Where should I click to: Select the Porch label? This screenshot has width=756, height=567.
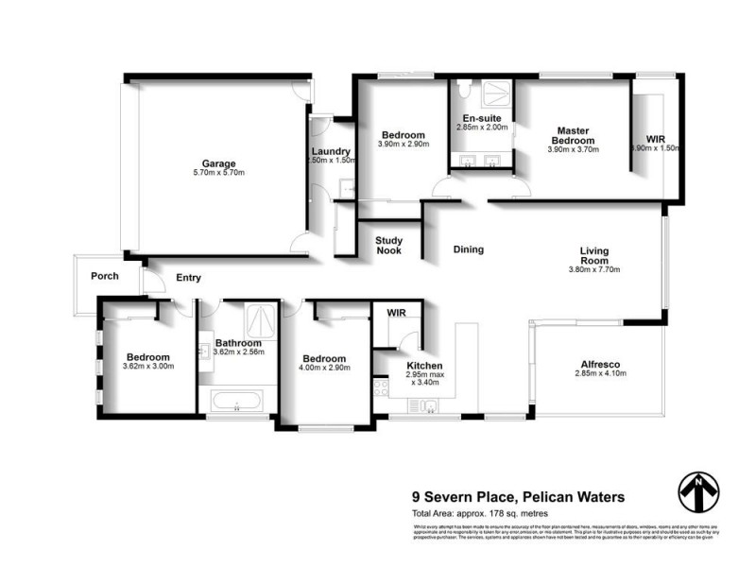pyautogui.click(x=104, y=277)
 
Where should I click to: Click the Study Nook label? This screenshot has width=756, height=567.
pyautogui.click(x=388, y=246)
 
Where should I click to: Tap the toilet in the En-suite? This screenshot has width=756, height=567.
pyautogui.click(x=463, y=93)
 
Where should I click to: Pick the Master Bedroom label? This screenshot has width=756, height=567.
pyautogui.click(x=574, y=136)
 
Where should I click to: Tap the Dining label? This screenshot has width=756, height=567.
pyautogui.click(x=468, y=250)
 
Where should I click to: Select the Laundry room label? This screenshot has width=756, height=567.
pyautogui.click(x=332, y=151)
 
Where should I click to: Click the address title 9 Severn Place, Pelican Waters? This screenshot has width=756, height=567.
pyautogui.click(x=517, y=495)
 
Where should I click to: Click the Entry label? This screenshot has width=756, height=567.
pyautogui.click(x=188, y=278)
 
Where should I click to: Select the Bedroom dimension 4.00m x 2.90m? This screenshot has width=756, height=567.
pyautogui.click(x=324, y=369)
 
